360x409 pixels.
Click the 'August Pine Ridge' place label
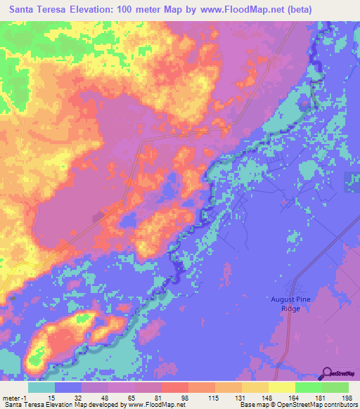pyautogui.click(x=295, y=303)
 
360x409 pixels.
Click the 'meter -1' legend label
pyautogui.click(x=15, y=397)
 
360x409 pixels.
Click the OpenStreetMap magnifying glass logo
pyautogui.click(x=328, y=373)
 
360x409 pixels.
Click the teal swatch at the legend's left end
pyautogui.click(x=41, y=387)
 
